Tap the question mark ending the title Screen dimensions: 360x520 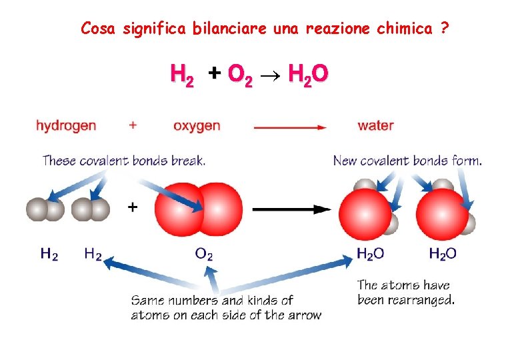[x=445, y=28]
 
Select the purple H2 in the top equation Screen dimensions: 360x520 [x=182, y=75]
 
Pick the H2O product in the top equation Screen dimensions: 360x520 [x=307, y=75]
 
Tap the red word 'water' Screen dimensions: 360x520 [x=375, y=125]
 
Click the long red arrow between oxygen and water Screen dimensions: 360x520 [x=290, y=126]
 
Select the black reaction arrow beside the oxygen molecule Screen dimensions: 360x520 [x=291, y=209]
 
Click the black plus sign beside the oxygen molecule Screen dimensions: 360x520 [x=133, y=208]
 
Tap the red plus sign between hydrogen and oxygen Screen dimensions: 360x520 [x=133, y=125]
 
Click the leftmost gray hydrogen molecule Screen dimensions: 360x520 [x=45, y=209]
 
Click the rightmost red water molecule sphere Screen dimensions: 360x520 [x=443, y=214]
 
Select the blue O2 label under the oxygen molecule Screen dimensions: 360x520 [x=203, y=254]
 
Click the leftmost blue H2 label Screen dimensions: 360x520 [x=49, y=254]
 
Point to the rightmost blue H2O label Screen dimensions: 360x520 [x=442, y=254]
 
